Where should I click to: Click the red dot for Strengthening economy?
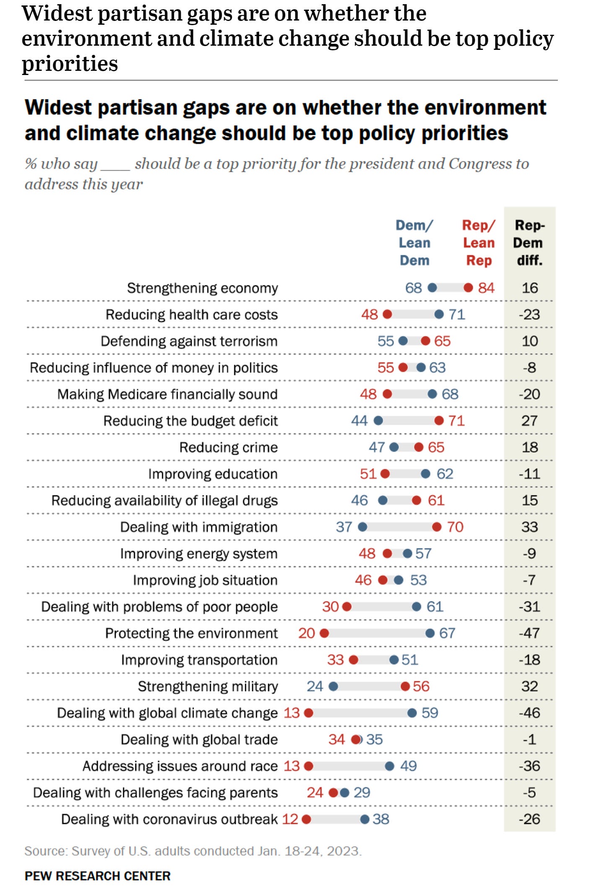(468, 288)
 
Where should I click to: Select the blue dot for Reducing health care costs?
(439, 314)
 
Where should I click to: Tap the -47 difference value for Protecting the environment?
(529, 633)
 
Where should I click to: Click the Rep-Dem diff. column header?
(529, 243)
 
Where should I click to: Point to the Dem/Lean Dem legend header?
(415, 243)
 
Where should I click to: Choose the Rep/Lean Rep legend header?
(479, 243)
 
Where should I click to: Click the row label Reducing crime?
(228, 447)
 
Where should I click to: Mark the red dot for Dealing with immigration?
(437, 527)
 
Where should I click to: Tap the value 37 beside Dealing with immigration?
(344, 527)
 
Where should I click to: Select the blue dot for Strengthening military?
(334, 686)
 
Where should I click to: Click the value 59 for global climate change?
(430, 713)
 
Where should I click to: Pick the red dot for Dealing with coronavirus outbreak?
(306, 819)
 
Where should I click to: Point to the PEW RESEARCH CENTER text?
(98, 876)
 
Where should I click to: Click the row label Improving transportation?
(199, 660)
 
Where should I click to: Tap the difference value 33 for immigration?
(529, 527)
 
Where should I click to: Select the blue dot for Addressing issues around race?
(389, 766)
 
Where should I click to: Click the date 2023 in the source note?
(343, 851)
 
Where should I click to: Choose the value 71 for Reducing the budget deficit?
(456, 420)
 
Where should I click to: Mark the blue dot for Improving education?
(425, 474)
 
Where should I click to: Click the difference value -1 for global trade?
(529, 739)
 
